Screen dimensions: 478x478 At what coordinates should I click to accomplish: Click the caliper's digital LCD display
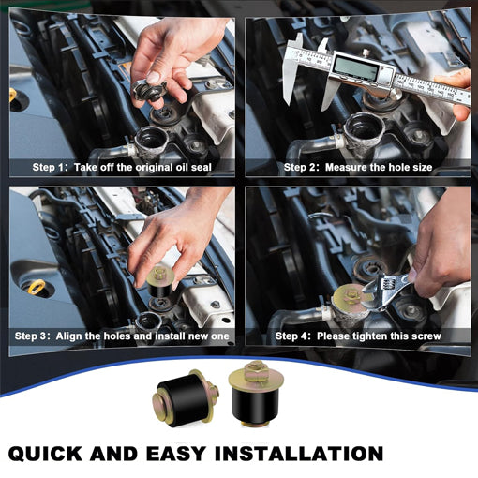point(356,68)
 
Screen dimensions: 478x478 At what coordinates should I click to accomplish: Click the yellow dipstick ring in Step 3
point(37,287)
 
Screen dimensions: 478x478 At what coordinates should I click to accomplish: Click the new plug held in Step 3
point(160,281)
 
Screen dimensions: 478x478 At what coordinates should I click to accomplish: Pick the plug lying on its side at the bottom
point(186,397)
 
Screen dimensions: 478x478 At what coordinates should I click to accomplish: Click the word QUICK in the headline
point(44,454)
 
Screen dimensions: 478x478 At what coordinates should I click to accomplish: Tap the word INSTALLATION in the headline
point(299,454)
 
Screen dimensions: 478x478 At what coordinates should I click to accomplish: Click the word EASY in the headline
point(175,454)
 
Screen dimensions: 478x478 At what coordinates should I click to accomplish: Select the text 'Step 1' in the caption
point(48,167)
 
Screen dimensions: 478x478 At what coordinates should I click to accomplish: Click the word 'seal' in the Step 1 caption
point(202,167)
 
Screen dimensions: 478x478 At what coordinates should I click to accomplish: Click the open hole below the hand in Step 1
point(151,139)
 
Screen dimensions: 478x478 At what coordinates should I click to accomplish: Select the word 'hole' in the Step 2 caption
point(395,167)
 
